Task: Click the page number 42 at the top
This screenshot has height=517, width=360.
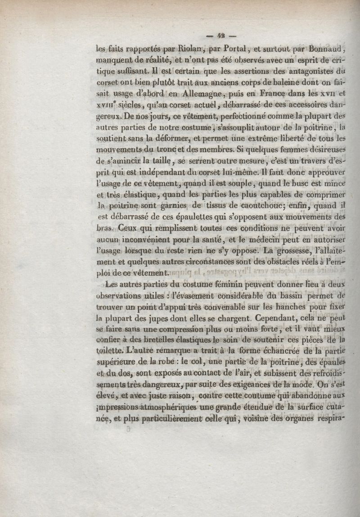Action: point(220,36)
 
